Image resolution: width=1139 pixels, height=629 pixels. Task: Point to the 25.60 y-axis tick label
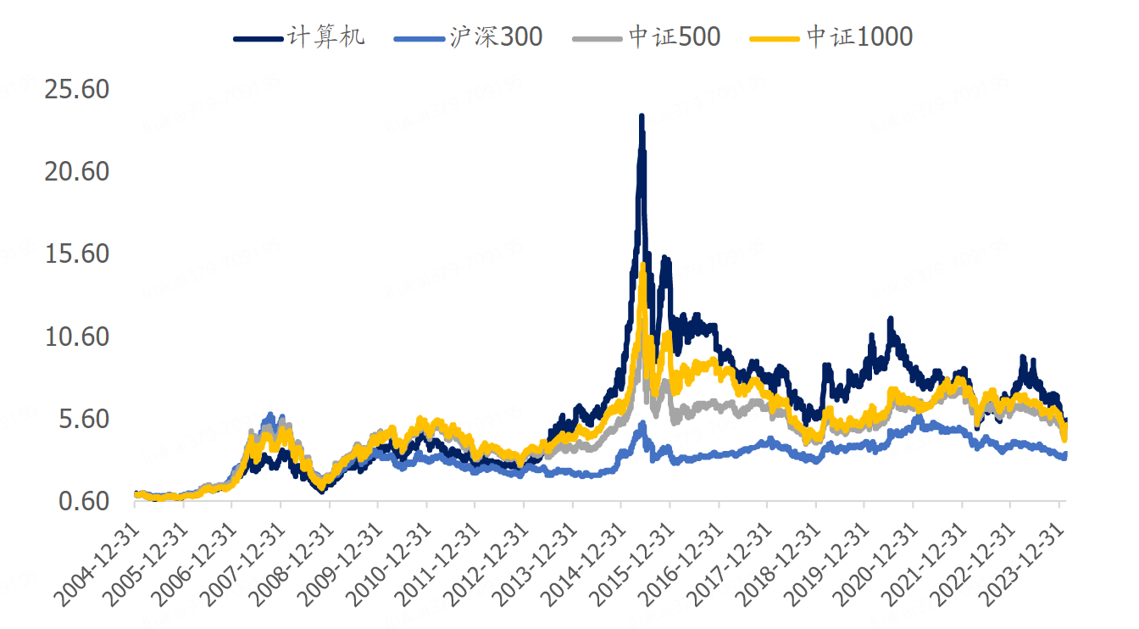coord(75,89)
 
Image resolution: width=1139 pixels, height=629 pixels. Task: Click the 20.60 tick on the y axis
coord(75,171)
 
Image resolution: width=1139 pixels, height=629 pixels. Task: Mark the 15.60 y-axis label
coord(75,253)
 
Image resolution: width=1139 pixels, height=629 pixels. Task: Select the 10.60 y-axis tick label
coord(75,337)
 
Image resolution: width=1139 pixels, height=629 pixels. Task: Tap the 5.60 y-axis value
coord(82,419)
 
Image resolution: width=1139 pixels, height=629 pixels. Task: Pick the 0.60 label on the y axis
coord(82,501)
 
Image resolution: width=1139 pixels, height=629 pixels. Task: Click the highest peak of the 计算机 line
coord(642,116)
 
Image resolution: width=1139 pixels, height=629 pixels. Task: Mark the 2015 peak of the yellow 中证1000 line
coord(642,265)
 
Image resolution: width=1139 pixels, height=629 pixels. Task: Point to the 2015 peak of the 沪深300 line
coord(642,423)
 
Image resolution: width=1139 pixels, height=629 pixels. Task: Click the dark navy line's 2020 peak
coord(890,320)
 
